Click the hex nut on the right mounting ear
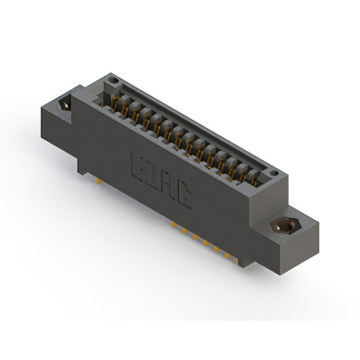[x=284, y=226]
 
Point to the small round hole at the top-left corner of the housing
[x=113, y=80]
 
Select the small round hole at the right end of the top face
[x=273, y=173]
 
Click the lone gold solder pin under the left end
[x=99, y=181]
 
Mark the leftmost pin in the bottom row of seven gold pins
[x=174, y=224]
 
